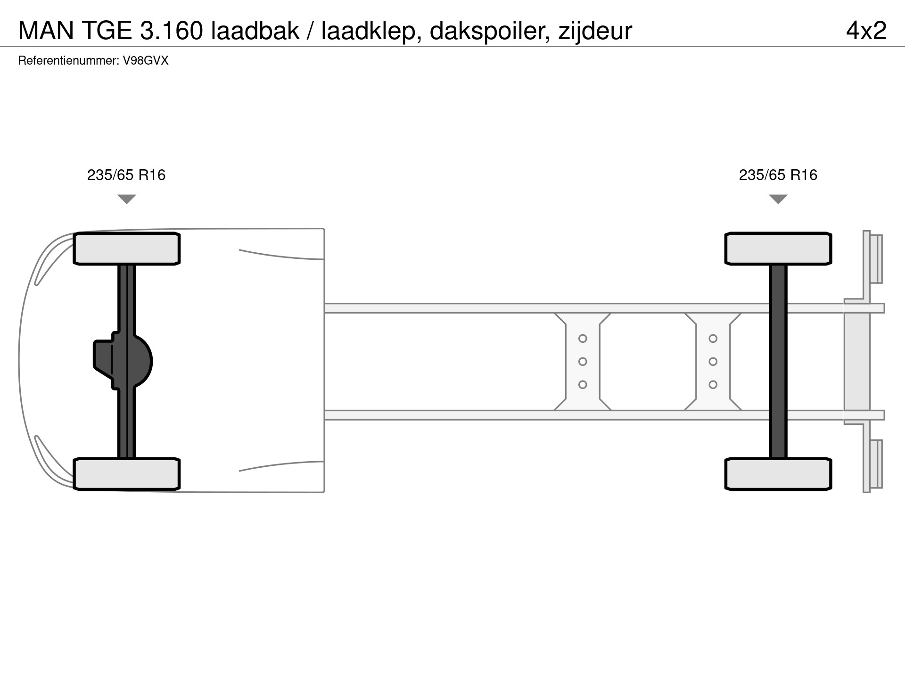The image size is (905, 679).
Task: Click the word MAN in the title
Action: pos(46,31)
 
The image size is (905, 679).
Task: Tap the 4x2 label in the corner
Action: pos(866,31)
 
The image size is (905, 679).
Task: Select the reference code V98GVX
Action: pos(146,61)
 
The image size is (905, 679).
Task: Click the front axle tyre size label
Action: pos(126,175)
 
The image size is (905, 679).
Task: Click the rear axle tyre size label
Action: pos(778,175)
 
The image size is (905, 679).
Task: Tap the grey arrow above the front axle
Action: pos(126,199)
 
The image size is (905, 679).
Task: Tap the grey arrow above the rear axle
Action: pos(778,199)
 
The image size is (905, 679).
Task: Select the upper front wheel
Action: pos(126,248)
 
